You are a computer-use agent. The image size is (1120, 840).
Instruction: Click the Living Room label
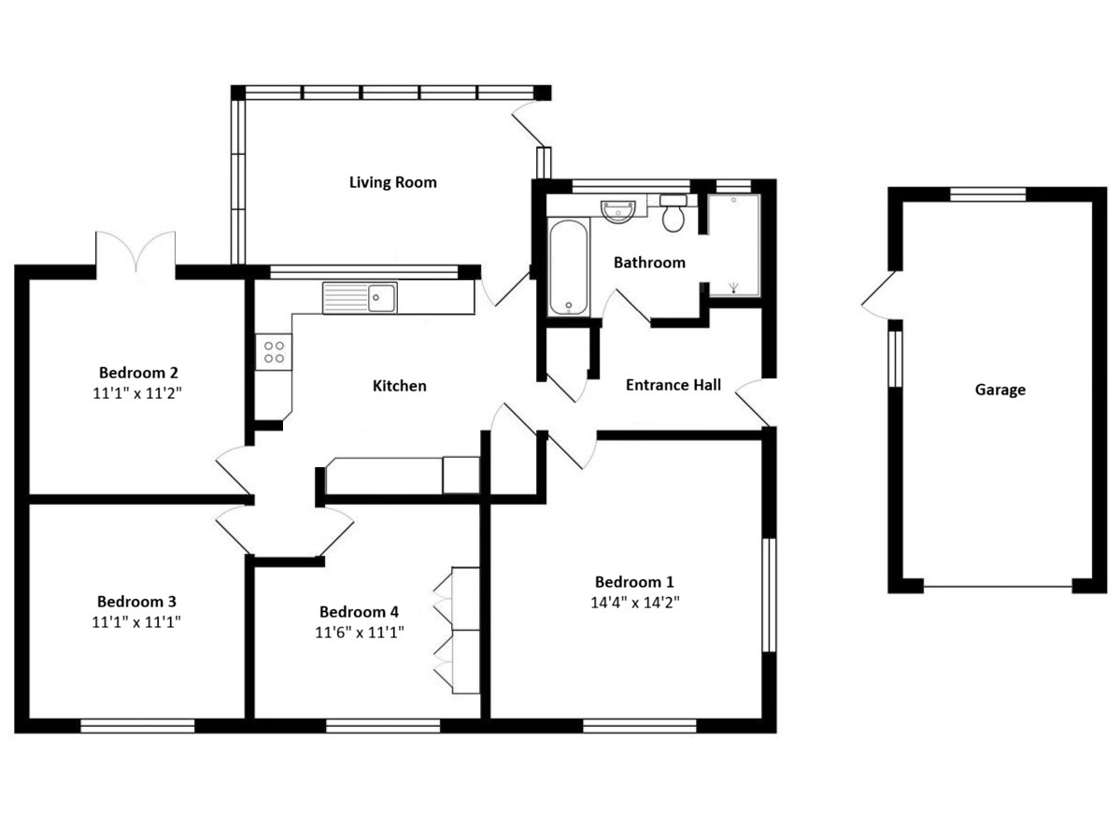393,182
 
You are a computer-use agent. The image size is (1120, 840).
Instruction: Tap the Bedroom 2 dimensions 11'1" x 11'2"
137,392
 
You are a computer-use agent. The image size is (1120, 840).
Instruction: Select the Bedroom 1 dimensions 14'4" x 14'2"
634,602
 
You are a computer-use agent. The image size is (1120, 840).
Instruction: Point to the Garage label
1000,390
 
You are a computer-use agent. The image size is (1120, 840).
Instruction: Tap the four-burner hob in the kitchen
274,352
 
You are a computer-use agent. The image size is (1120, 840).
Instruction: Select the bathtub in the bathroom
569,267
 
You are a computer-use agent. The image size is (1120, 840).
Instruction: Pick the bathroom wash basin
617,211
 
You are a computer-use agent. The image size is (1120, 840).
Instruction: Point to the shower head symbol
733,288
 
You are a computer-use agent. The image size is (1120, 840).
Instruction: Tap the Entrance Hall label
673,386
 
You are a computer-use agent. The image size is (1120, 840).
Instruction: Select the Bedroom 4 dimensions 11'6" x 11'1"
360,633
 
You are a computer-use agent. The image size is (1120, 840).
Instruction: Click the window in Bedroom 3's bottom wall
138,726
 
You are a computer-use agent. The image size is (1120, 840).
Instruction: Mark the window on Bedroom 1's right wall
770,595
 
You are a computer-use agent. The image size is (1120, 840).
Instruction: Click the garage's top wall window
988,194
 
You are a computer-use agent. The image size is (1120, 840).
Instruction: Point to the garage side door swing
878,295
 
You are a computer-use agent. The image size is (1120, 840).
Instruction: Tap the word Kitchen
399,387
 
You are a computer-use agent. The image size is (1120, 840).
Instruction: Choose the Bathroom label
649,263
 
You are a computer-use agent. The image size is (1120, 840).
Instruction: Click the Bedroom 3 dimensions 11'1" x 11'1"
135,622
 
